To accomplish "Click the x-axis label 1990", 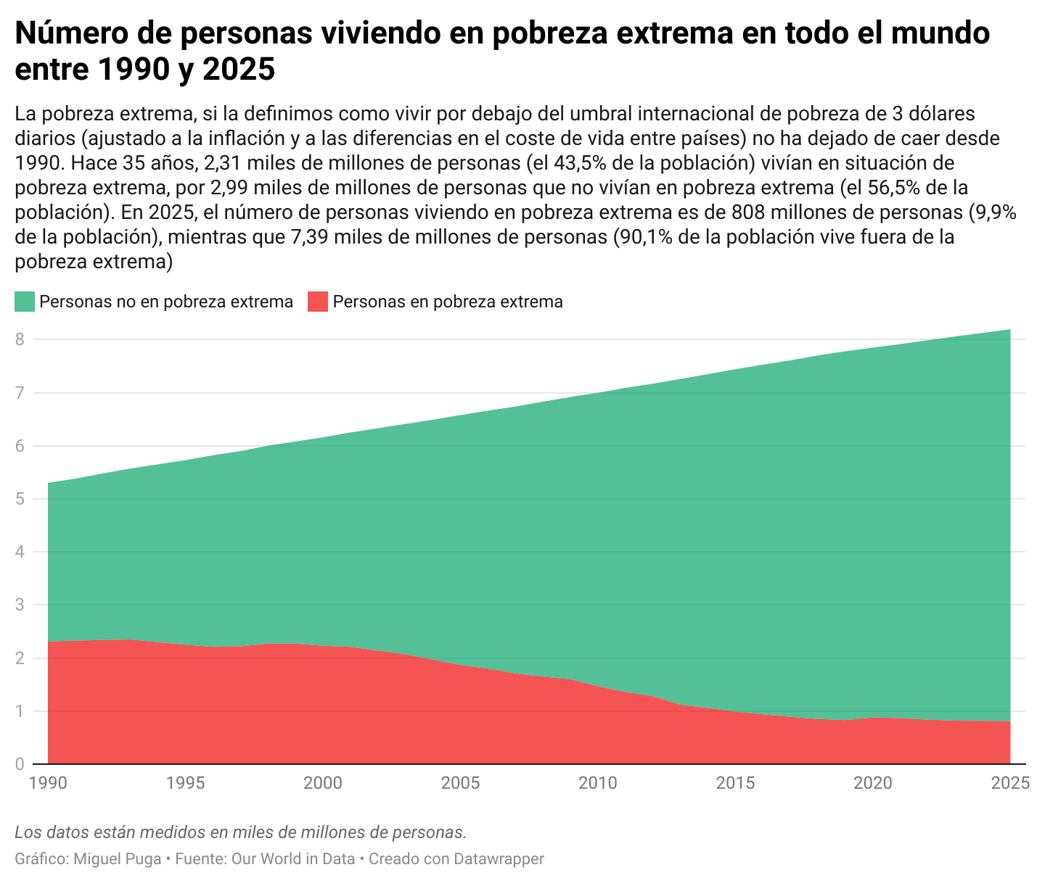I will pyautogui.click(x=48, y=783).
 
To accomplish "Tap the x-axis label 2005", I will pyautogui.click(x=460, y=783).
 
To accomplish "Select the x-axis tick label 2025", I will pyautogui.click(x=1010, y=783).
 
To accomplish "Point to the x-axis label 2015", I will pyautogui.click(x=735, y=783).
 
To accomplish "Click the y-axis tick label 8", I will pyautogui.click(x=20, y=339).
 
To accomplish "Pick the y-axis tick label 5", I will pyautogui.click(x=20, y=499).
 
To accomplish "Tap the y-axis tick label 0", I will pyautogui.click(x=20, y=763).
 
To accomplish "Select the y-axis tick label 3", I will pyautogui.click(x=20, y=605).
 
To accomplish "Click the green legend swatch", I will pyautogui.click(x=25, y=302).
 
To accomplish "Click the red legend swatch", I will pyautogui.click(x=318, y=302).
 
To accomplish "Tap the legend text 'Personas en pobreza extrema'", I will pyautogui.click(x=448, y=302).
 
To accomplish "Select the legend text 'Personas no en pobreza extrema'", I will pyautogui.click(x=166, y=302).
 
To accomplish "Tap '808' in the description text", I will pyautogui.click(x=749, y=212).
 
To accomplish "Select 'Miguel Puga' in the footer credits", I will pyautogui.click(x=118, y=859).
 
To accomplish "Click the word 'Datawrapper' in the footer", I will pyautogui.click(x=499, y=859).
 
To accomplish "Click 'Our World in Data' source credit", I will pyautogui.click(x=292, y=859).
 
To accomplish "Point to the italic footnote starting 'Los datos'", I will pyautogui.click(x=240, y=832).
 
